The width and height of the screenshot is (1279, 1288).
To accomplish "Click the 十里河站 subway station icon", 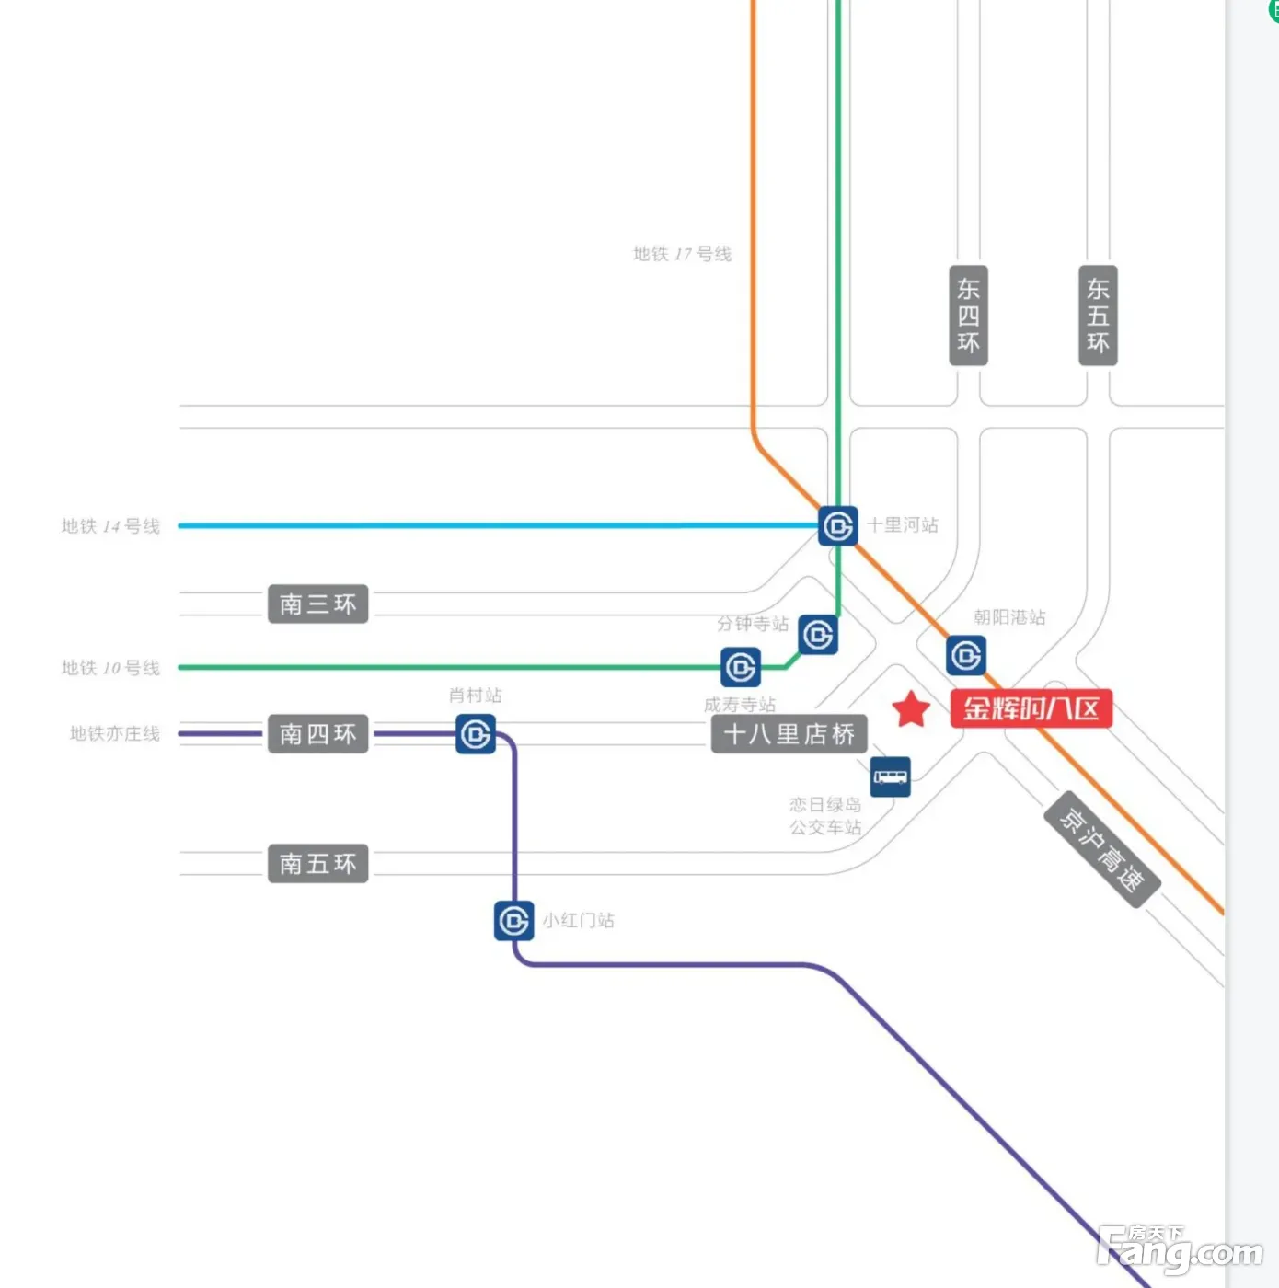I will point(837,526).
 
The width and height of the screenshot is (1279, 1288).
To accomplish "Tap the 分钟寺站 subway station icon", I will point(818,635).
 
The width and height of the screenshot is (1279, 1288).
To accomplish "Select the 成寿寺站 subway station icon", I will point(741,667).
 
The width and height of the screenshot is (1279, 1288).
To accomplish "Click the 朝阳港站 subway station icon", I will point(966,656).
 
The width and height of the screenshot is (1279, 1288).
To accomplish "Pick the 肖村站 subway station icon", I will point(476,734).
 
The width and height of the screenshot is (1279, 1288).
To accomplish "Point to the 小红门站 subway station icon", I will point(513,921).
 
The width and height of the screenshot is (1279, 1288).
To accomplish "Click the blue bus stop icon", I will point(890,776).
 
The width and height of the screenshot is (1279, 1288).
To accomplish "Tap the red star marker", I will point(911,709).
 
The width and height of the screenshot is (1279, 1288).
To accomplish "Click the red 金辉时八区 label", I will point(1031,708).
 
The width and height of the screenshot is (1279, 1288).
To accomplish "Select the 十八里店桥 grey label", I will point(789,734).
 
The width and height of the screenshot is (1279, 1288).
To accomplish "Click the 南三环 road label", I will point(317,604).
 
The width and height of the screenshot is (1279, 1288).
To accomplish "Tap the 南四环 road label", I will point(317,734).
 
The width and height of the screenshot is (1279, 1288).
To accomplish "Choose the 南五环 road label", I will point(317,864).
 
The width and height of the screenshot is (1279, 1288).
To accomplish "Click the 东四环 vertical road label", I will point(968,316).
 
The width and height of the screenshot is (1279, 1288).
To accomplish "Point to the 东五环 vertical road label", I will point(1098,316).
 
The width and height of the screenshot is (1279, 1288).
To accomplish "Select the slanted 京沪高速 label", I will point(1102,849).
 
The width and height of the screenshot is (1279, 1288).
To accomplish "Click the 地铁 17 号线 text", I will point(682,254).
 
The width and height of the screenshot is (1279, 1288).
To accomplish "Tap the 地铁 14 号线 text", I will point(110,526).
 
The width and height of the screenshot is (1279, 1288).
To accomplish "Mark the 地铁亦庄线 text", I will point(115,734).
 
